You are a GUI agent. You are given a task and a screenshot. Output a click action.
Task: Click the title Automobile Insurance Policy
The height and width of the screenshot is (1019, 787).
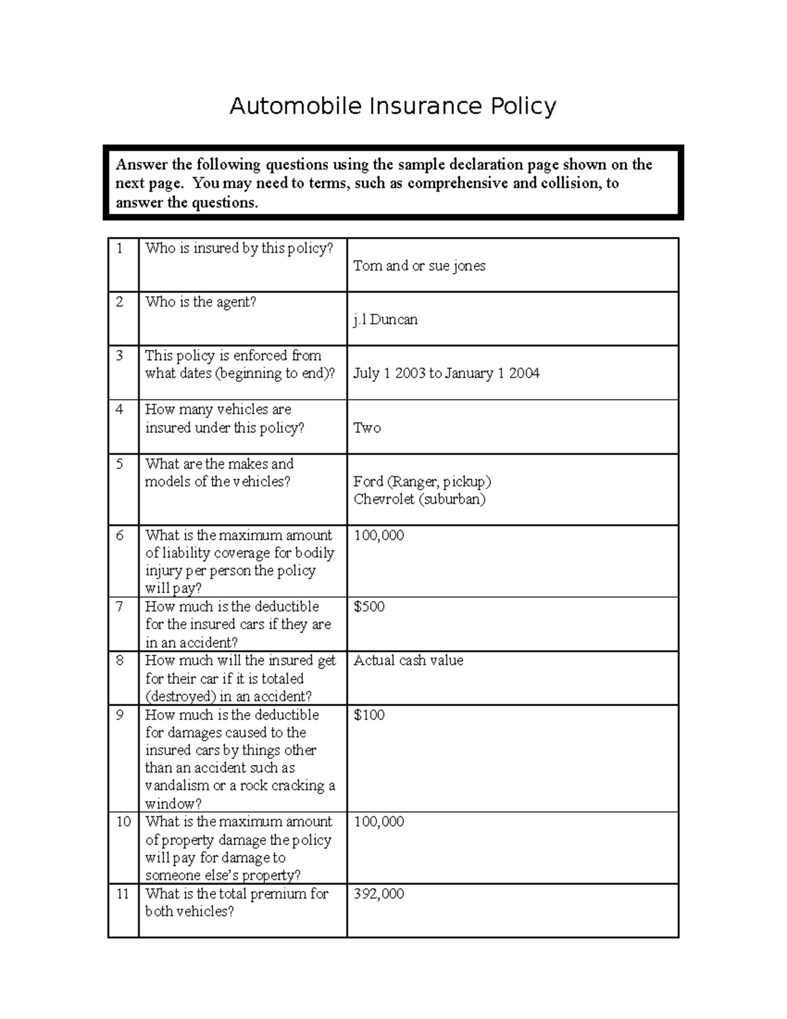tap(393, 106)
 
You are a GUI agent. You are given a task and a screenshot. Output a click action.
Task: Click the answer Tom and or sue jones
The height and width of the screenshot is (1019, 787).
tap(419, 266)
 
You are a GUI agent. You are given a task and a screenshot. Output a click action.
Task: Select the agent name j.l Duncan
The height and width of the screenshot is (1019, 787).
tap(385, 320)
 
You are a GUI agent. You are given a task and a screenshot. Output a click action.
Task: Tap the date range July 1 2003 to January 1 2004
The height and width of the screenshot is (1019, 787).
tap(446, 373)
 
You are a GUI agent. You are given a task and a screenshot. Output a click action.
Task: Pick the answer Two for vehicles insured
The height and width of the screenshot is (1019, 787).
tap(367, 428)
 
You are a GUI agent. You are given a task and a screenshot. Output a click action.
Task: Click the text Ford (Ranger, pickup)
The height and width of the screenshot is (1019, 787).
tap(422, 482)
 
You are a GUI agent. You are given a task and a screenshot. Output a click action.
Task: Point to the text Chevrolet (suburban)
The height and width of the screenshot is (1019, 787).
tap(419, 499)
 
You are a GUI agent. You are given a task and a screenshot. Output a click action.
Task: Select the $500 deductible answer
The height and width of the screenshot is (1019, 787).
tap(369, 606)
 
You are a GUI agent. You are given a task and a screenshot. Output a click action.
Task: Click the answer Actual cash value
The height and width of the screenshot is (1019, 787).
tap(408, 660)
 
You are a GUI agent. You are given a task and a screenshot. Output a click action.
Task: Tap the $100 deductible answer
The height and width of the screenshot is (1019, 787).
tap(369, 715)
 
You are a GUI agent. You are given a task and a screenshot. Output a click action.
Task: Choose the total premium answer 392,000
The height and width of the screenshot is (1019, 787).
tap(378, 894)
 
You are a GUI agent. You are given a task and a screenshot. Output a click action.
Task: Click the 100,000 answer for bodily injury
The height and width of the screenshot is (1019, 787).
tap(378, 535)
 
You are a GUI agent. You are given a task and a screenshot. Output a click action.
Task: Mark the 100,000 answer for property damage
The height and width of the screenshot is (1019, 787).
tap(378, 821)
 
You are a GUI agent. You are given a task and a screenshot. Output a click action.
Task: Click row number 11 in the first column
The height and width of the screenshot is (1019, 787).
tap(123, 894)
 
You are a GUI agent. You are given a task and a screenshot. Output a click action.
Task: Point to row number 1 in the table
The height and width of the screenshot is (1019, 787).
tap(119, 248)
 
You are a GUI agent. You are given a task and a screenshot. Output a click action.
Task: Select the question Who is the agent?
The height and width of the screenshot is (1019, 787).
tap(200, 302)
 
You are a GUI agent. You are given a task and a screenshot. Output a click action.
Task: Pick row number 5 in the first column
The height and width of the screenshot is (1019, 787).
tap(119, 464)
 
